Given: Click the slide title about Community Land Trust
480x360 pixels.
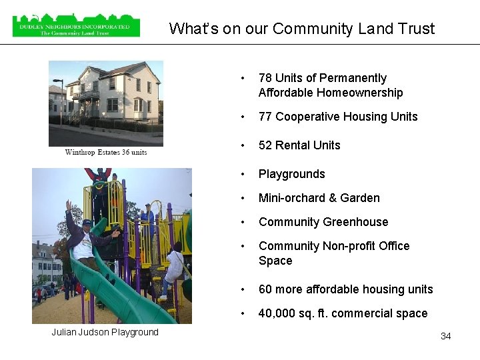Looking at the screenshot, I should (x=301, y=29).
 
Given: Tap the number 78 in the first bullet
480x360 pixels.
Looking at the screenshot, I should (x=265, y=79).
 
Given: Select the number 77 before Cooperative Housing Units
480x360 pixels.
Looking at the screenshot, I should (x=265, y=117).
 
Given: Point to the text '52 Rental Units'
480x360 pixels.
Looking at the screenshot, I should (x=299, y=145).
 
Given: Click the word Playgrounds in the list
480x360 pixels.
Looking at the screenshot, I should (x=292, y=174).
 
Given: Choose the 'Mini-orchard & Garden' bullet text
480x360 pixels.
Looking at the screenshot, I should (x=319, y=198).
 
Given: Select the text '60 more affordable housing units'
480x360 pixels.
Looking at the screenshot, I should (x=345, y=289).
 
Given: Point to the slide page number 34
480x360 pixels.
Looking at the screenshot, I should (x=445, y=336).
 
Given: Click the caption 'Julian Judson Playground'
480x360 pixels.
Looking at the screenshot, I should (x=105, y=332).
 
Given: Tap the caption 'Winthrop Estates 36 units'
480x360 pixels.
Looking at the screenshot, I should (x=106, y=152).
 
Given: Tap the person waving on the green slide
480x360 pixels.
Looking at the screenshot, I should (x=85, y=237).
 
